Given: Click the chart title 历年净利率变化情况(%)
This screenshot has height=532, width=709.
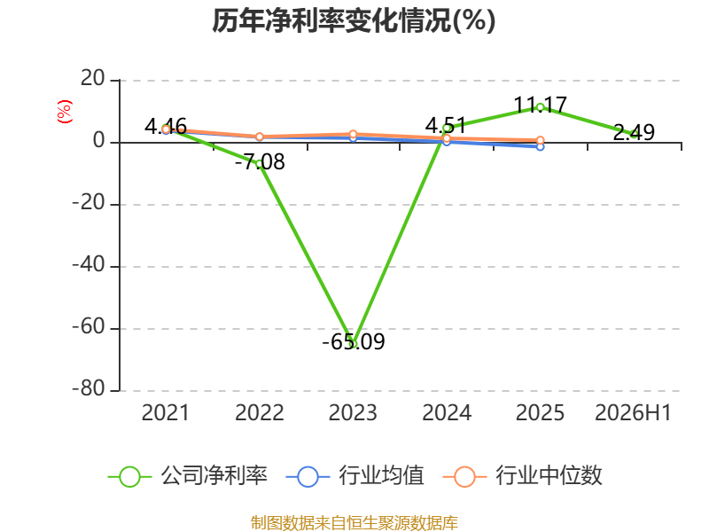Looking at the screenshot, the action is coord(354,20).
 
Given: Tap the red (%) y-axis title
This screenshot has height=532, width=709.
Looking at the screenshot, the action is coord(64,112).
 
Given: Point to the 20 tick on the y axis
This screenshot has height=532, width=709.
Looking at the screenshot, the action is coord(93,79).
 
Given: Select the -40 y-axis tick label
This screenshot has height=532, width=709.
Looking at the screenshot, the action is coord(89,265).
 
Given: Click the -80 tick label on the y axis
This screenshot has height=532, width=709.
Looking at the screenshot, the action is coord(89,389).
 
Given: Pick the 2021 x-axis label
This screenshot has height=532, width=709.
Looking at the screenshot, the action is coord(165,413).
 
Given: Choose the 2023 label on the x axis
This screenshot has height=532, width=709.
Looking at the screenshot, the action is coord(353,413).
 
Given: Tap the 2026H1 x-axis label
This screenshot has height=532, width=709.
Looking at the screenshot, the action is coord(633,413).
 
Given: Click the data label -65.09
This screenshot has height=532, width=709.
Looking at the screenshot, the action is coord(354,342).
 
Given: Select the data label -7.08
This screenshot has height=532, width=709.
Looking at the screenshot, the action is coord(260,162).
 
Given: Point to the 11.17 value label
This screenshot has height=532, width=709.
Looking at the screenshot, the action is coord(541,106).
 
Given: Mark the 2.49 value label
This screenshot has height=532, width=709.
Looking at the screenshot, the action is coord(634,132).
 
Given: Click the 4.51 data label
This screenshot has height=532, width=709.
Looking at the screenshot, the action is coord(446,125).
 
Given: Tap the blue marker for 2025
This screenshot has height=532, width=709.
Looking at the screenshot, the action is coord(540,146).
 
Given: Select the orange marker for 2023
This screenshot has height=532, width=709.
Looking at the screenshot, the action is coord(353,135).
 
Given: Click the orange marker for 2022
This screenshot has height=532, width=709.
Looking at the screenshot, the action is coord(260,137).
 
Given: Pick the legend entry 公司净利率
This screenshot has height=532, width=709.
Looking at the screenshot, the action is coord(188,476).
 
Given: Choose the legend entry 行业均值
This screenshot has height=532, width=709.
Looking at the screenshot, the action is coord(355,476).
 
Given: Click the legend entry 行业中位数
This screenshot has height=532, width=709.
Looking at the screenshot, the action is coord(523,476).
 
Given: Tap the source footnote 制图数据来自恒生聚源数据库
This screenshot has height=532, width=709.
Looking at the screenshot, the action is coord(354,523).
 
